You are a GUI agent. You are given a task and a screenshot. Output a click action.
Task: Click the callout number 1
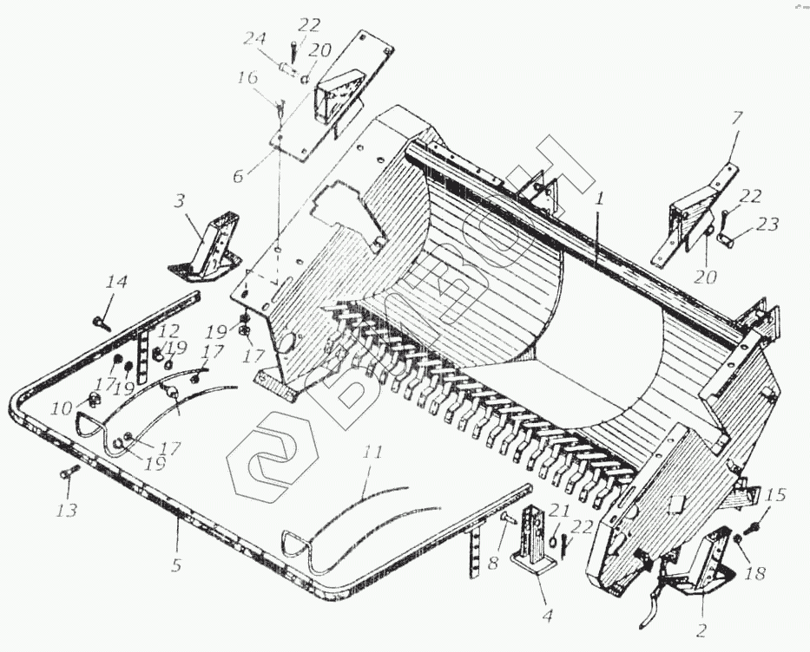point(599,197)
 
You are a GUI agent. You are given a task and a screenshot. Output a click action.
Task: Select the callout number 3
point(180,201)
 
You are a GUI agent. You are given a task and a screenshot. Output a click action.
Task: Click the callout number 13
point(66,509)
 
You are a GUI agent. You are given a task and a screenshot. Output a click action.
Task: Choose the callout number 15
point(776,495)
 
